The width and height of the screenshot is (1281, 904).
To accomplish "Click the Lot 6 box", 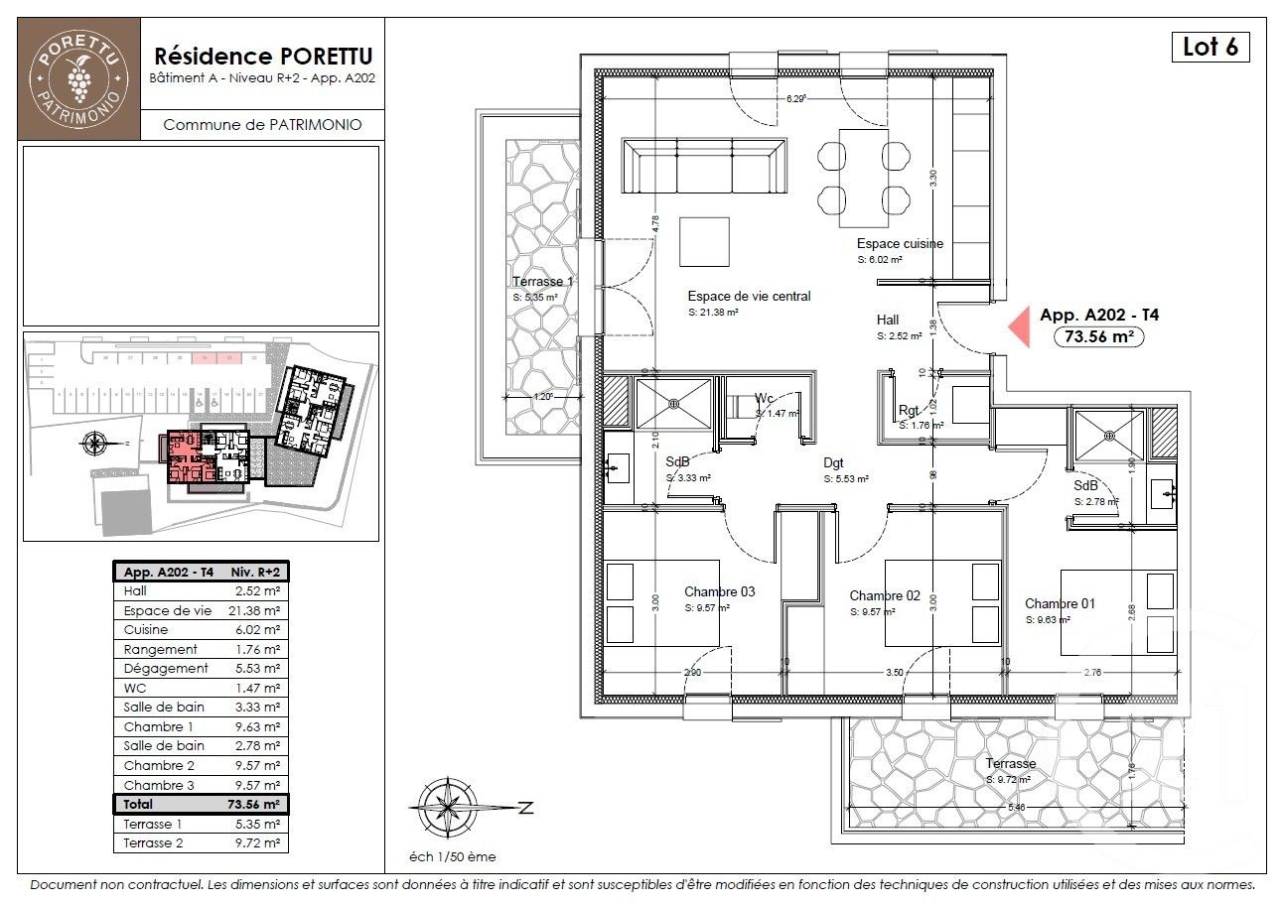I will tap(1210, 47).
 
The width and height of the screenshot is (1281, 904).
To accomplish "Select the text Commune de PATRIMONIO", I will tap(262, 125).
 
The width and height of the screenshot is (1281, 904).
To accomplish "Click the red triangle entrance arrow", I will tap(1019, 326).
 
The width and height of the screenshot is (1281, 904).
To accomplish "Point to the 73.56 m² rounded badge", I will tap(1098, 336).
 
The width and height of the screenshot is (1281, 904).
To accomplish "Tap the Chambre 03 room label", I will tap(719, 591).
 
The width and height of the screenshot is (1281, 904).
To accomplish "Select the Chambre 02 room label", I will tap(885, 595).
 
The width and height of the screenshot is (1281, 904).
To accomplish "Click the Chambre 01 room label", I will tap(1061, 603).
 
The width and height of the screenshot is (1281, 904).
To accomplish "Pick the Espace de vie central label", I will tap(749, 296).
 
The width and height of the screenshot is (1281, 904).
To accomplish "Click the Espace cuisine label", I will tap(900, 243).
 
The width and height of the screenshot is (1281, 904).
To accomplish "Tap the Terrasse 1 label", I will tap(543, 282).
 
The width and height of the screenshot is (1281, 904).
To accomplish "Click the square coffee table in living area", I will tap(704, 241).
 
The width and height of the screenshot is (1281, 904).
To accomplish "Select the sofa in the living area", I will tap(704, 166).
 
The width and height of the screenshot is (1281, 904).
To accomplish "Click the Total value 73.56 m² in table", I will tap(256, 804).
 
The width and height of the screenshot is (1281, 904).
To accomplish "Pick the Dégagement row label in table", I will tap(166, 669).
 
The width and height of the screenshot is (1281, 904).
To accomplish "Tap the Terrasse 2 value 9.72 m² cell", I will tap(256, 842).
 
